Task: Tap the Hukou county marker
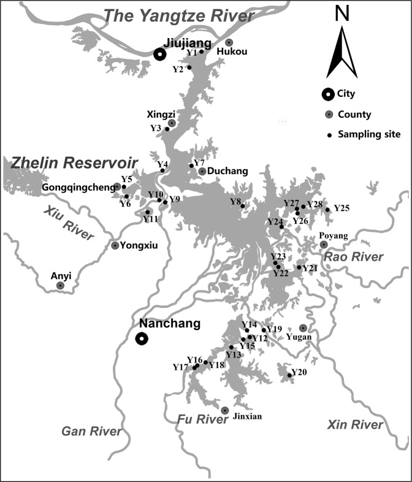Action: [229, 42]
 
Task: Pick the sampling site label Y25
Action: [341, 208]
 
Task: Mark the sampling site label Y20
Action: [299, 372]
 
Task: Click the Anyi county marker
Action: [60, 285]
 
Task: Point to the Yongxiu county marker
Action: [115, 245]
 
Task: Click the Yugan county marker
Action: [303, 328]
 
